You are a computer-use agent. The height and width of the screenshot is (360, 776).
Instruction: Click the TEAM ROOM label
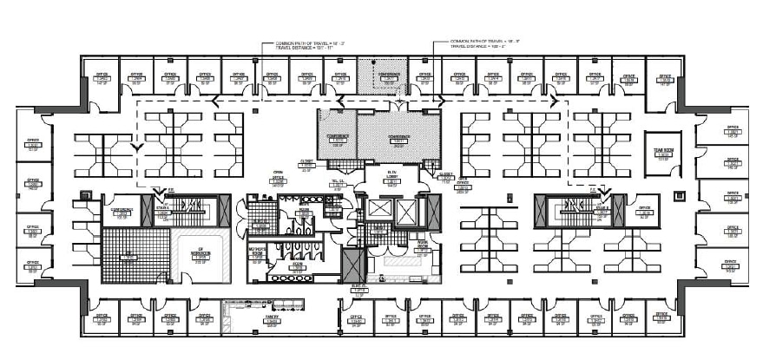pyautogui.click(x=665, y=150)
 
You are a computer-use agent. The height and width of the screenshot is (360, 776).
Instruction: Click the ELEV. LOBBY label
pyautogui.click(x=392, y=175)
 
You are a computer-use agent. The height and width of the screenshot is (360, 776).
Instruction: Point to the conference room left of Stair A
pyautogui.click(x=121, y=211)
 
